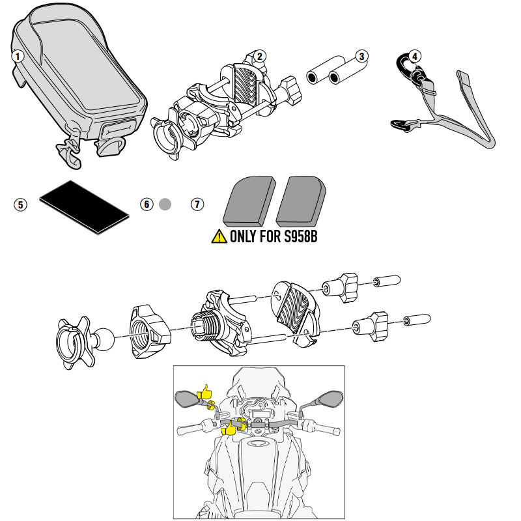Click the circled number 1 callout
[18, 56]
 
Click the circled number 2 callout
[260, 56]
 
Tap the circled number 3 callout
[363, 56]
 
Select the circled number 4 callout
[415, 56]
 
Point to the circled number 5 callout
[21, 204]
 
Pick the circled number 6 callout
[147, 204]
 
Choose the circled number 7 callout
[197, 204]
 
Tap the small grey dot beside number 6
[165, 204]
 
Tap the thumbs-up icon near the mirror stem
[206, 393]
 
